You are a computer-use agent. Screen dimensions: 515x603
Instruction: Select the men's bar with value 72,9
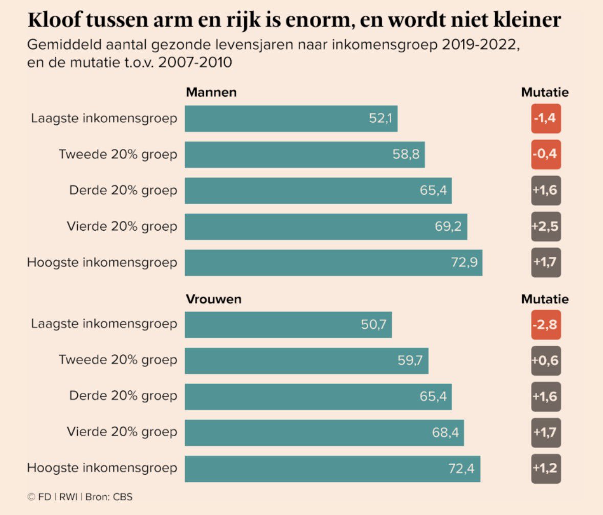333,263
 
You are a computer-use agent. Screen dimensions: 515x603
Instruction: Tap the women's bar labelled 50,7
288,324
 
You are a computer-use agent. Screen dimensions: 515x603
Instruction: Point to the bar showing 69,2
325,227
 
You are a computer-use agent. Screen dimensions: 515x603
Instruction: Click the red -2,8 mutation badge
546,325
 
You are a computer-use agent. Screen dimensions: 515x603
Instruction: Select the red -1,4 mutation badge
546,119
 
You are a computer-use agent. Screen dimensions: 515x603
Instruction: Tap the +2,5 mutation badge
546,227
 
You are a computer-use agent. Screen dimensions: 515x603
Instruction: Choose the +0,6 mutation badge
546,361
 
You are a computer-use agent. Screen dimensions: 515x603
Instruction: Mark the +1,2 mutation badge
546,468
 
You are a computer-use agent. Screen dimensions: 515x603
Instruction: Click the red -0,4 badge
546,154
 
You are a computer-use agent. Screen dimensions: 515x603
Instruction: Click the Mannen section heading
211,93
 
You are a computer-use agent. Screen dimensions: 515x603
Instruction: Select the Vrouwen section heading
213,299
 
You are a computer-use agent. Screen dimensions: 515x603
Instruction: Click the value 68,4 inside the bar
445,433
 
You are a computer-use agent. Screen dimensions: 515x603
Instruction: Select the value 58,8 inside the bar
406,154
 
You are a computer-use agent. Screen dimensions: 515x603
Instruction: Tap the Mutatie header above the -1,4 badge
545,93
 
